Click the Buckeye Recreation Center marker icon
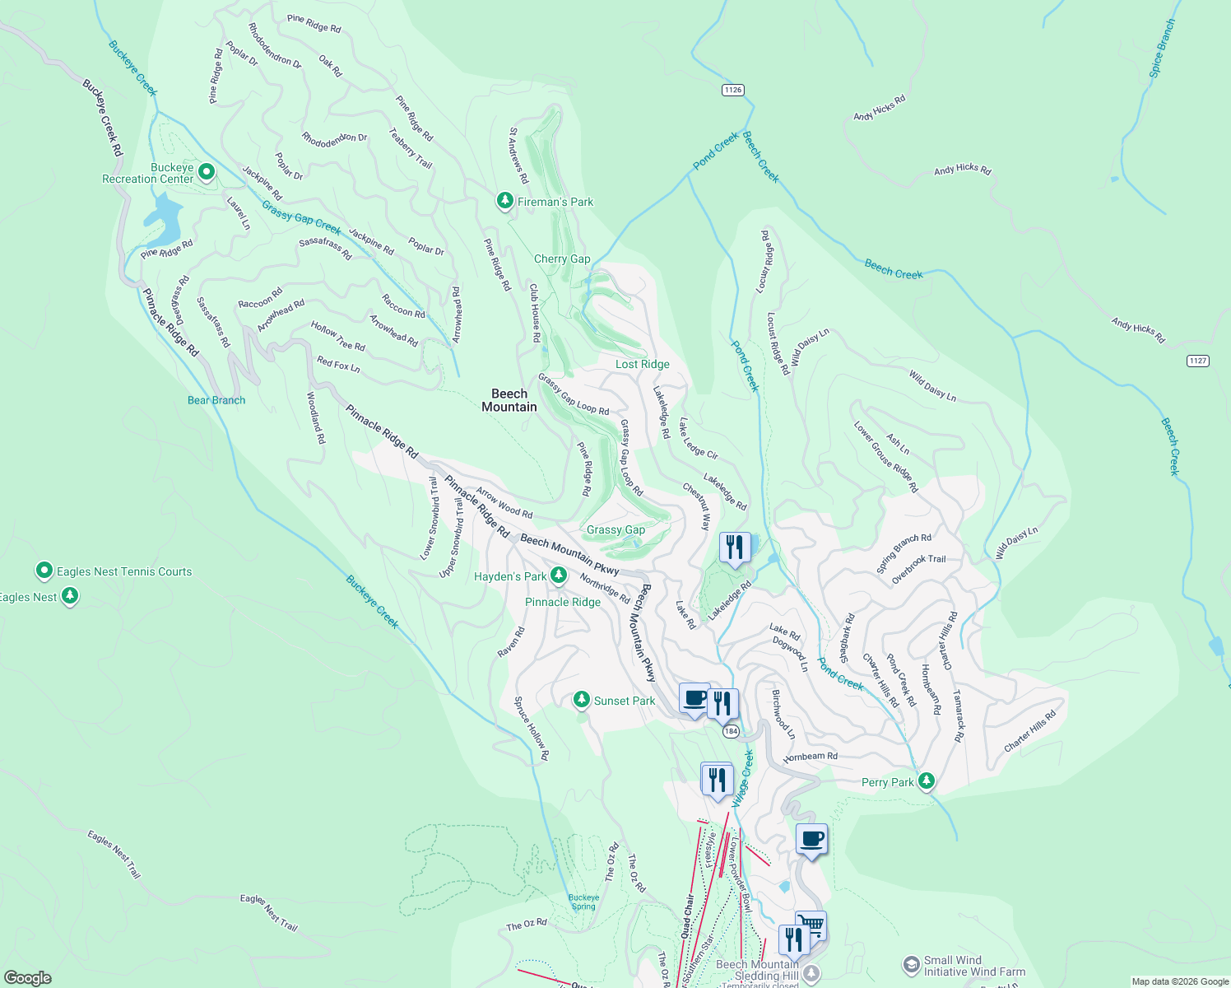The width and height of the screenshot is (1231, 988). [207, 172]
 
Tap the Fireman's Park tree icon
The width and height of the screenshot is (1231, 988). [505, 201]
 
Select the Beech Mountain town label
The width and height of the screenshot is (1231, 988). [509, 400]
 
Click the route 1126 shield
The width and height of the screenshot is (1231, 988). [732, 90]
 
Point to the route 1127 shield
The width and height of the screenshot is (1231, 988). [1198, 361]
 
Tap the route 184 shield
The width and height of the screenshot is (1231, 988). [730, 731]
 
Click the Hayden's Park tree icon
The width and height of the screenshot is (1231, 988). [559, 576]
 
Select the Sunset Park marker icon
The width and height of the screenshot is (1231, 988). [582, 700]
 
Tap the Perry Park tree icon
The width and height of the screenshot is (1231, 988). [927, 781]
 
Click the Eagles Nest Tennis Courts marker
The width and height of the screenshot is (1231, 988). [44, 571]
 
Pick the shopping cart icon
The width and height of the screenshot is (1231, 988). [811, 925]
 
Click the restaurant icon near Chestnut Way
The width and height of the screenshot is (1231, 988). [734, 548]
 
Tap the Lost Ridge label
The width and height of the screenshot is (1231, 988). [642, 364]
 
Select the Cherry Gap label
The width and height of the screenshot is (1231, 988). [562, 259]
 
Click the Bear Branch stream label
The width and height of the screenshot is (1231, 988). [216, 400]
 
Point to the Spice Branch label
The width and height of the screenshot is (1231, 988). [1163, 49]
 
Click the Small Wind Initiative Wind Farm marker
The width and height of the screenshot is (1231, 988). [911, 964]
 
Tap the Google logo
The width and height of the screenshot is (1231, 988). [27, 977]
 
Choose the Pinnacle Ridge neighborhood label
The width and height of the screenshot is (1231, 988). [563, 602]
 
